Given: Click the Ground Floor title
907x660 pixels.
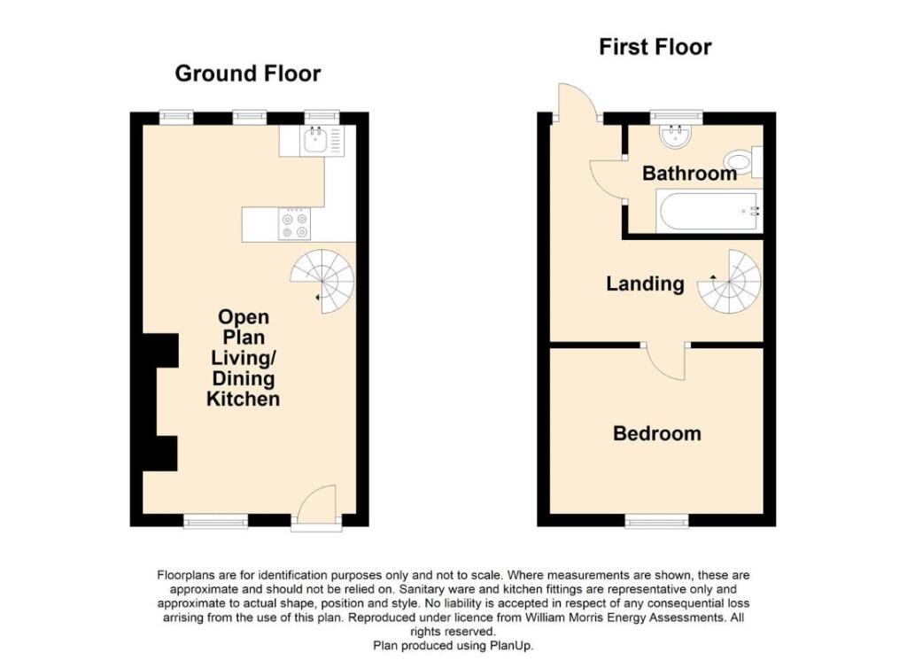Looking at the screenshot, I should click(x=247, y=73).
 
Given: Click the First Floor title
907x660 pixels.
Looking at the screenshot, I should click(x=655, y=46).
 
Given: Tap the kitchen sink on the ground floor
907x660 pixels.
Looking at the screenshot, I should click(x=314, y=141).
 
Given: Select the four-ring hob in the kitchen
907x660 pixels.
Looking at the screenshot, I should click(x=293, y=225).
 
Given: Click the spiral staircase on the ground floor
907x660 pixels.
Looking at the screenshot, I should click(x=324, y=281).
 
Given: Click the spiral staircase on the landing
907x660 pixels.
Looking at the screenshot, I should click(x=731, y=283).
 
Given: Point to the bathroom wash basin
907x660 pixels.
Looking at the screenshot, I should click(x=677, y=134).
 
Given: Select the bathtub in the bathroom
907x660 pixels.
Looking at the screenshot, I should click(x=707, y=212).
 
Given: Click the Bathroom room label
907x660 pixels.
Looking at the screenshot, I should click(x=689, y=174).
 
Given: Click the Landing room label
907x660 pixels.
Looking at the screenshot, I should click(x=645, y=283).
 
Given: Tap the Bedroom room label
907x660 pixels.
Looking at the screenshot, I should click(x=656, y=433).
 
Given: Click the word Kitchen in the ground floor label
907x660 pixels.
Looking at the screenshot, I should click(x=243, y=400).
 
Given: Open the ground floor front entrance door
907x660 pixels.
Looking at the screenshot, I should click(x=317, y=509).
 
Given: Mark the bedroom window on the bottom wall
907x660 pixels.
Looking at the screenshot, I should click(x=655, y=523).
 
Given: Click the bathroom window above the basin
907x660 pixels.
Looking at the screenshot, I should click(x=676, y=114).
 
